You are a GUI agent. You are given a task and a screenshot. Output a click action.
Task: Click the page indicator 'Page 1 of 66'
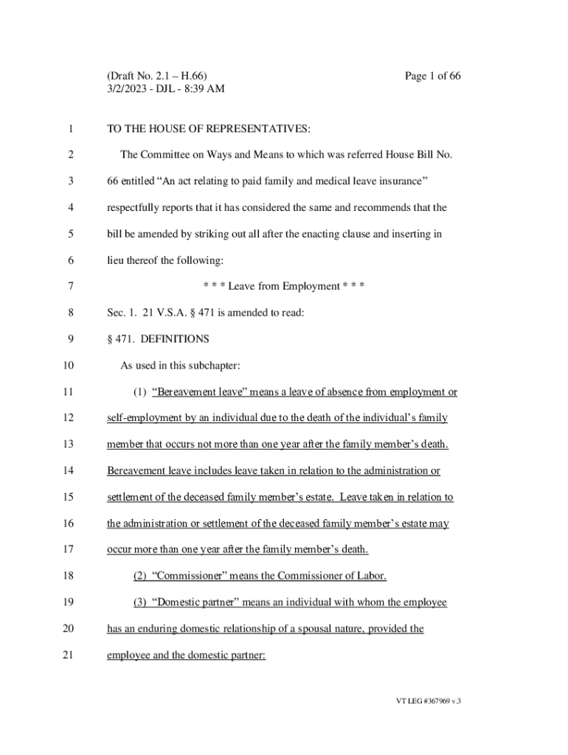pyautogui.click(x=433, y=76)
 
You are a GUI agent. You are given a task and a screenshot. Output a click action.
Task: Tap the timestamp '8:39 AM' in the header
pyautogui.click(x=204, y=89)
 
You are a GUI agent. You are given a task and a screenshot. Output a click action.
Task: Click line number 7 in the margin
pyautogui.click(x=70, y=286)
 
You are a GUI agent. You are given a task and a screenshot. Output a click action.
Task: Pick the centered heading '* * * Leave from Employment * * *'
pyautogui.click(x=284, y=286)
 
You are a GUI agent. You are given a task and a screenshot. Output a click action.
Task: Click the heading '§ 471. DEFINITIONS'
pyautogui.click(x=158, y=339)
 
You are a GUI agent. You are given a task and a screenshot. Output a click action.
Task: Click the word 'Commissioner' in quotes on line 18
pyautogui.click(x=188, y=575)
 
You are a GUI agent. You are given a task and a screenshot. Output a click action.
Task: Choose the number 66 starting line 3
pyautogui.click(x=113, y=181)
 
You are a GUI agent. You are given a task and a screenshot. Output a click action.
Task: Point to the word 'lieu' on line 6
pyautogui.click(x=116, y=260)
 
